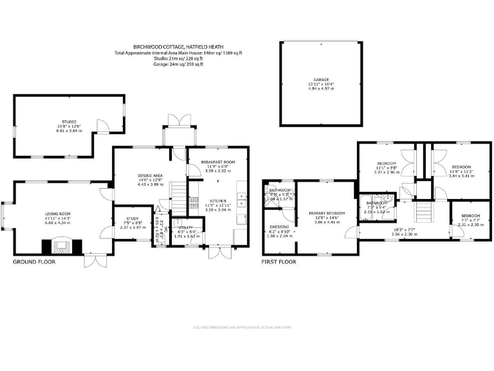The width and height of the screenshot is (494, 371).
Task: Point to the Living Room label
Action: click(57, 214)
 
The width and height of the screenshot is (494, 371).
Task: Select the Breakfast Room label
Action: click(217, 162)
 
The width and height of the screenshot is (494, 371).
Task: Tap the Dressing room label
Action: click(279, 227)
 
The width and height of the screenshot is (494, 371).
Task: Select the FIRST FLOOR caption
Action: click(278, 262)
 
